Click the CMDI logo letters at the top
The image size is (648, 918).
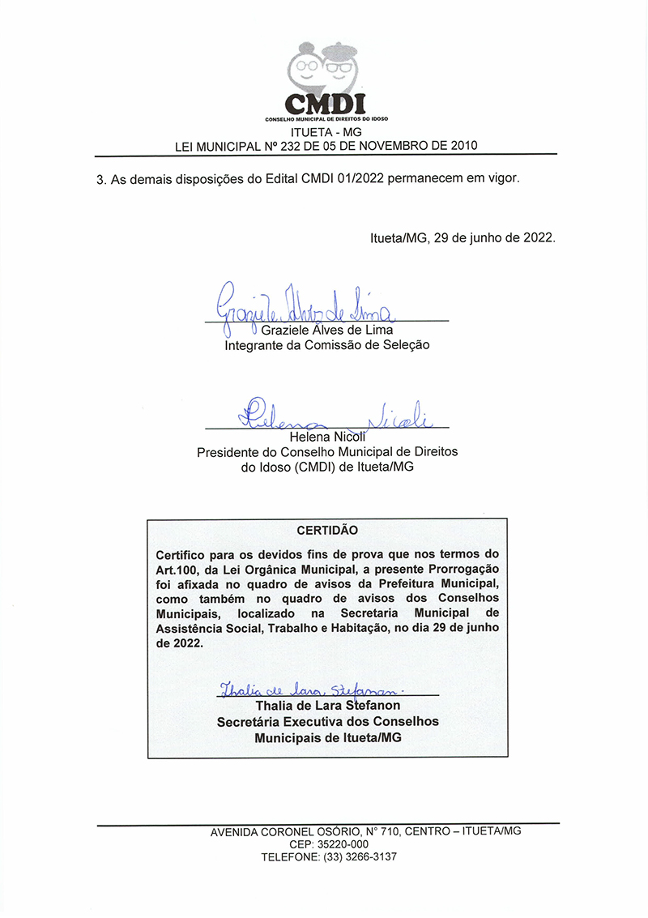pyautogui.click(x=326, y=104)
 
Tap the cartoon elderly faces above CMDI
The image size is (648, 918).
pyautogui.click(x=324, y=66)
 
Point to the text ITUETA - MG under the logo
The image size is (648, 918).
pyautogui.click(x=326, y=133)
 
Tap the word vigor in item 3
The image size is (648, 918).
pyautogui.click(x=502, y=178)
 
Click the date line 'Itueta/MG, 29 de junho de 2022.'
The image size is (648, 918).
pyautogui.click(x=463, y=238)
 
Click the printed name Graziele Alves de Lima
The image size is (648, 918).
pyautogui.click(x=326, y=331)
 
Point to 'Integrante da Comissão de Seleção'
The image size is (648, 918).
pyautogui.click(x=326, y=344)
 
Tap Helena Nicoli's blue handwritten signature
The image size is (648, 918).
pyautogui.click(x=332, y=415)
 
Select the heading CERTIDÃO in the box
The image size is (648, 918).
pyautogui.click(x=326, y=530)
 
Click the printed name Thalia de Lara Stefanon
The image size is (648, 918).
pyautogui.click(x=327, y=706)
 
